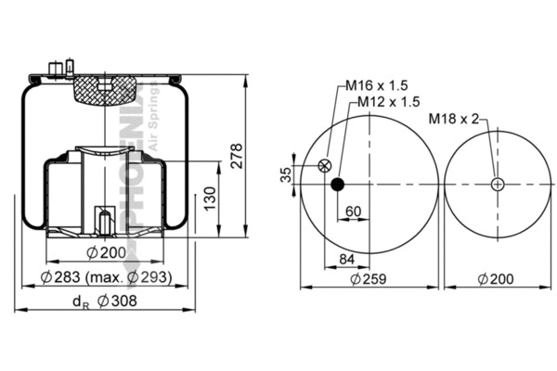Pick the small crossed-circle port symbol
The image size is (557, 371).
click(x=324, y=166)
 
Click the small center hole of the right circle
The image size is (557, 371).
click(x=499, y=184)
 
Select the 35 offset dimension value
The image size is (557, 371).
click(x=286, y=173)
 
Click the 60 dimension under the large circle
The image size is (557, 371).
click(x=354, y=211)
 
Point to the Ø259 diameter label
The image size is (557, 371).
click(x=369, y=278)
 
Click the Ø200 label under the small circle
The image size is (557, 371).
click(x=499, y=278)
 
